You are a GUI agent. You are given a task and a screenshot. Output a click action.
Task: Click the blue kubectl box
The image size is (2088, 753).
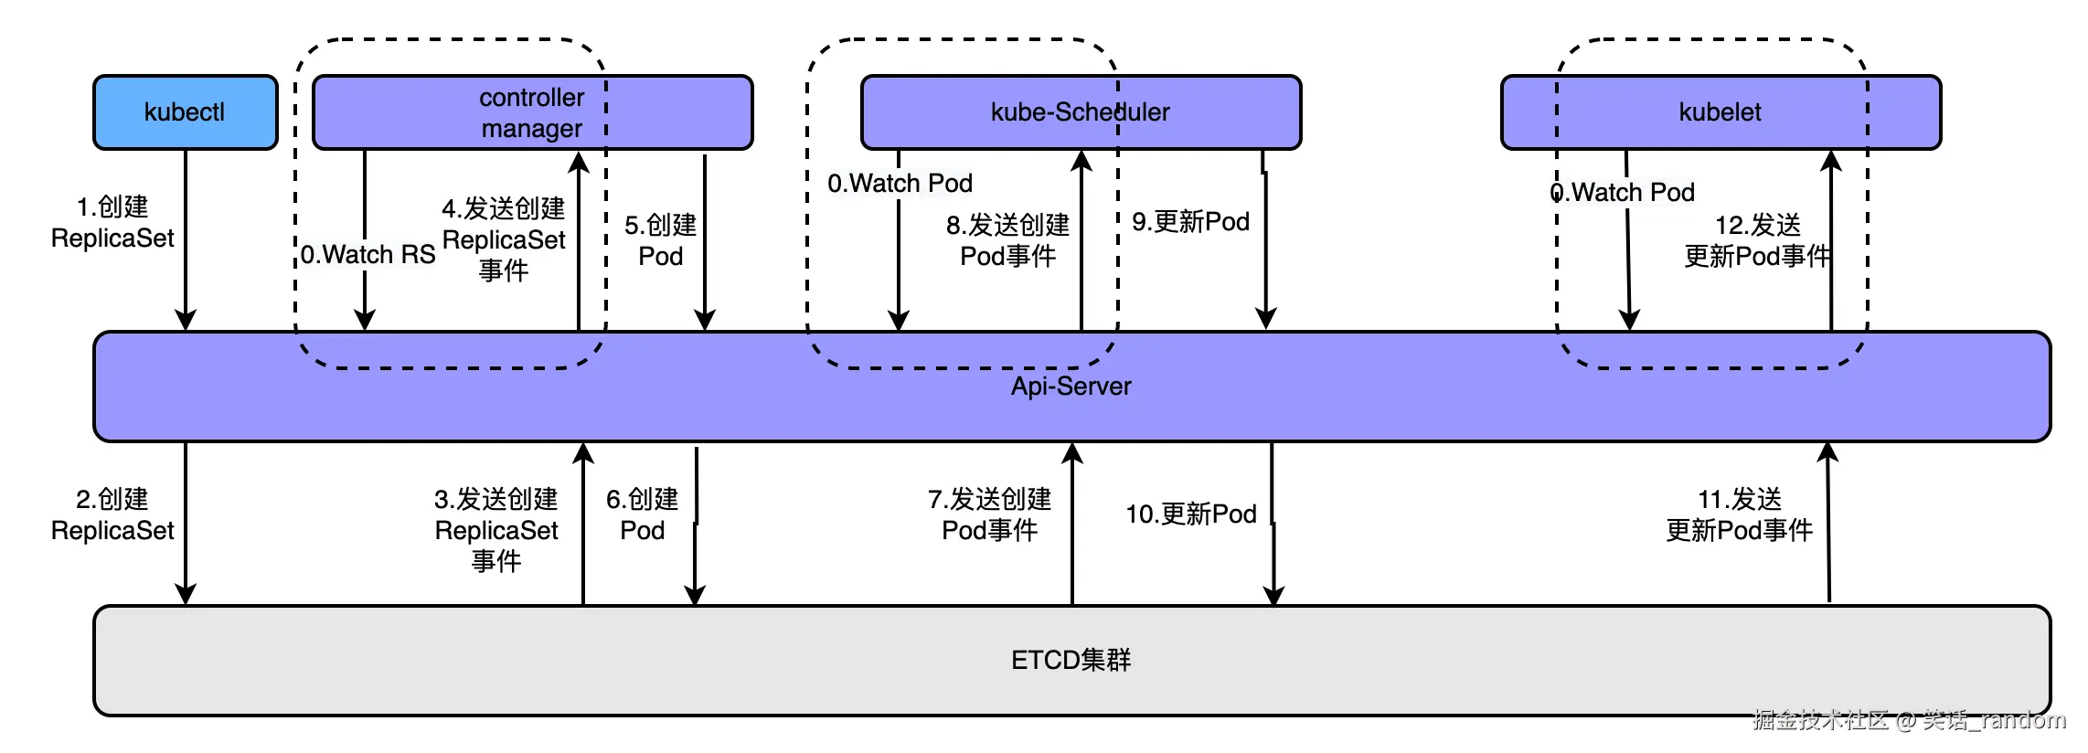pos(185,112)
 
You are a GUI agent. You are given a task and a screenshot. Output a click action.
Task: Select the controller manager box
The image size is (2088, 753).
pos(532,112)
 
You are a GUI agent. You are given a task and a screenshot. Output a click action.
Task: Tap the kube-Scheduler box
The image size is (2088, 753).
pos(1080,112)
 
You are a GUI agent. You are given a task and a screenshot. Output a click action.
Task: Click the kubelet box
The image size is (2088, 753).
pos(1720,112)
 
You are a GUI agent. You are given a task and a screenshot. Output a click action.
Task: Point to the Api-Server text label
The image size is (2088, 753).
pos(1071,387)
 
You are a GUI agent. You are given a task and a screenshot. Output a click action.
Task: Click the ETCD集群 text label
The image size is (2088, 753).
pos(1071,660)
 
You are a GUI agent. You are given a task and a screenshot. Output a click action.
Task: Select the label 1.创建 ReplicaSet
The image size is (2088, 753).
pos(112,222)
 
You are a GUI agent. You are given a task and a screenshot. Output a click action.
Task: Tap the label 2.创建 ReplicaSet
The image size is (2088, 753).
pos(112,514)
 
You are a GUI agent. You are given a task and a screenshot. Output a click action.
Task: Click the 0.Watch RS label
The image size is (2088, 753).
pos(368,255)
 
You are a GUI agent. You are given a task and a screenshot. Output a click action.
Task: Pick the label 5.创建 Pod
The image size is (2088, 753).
pos(660,240)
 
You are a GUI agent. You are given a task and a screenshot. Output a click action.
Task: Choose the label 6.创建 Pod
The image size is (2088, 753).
pos(642,514)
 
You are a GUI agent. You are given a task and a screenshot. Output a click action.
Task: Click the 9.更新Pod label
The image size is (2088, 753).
pos(1190,222)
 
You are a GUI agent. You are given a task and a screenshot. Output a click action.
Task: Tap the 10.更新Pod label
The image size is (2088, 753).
pos(1190,514)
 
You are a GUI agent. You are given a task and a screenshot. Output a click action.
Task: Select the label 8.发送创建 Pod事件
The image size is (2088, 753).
pos(1007,240)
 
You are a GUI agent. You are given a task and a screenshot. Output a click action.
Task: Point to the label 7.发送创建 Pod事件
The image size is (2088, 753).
pos(989,514)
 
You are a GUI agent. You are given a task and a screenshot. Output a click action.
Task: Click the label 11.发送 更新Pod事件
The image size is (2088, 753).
pos(1739,514)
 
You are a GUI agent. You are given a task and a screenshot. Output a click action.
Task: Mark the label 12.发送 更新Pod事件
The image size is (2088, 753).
pos(1757,240)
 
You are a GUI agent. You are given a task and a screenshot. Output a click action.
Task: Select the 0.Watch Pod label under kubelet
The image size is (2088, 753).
pos(1623,193)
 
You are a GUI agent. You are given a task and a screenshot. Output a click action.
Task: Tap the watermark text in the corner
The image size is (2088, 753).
pos(1909,720)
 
